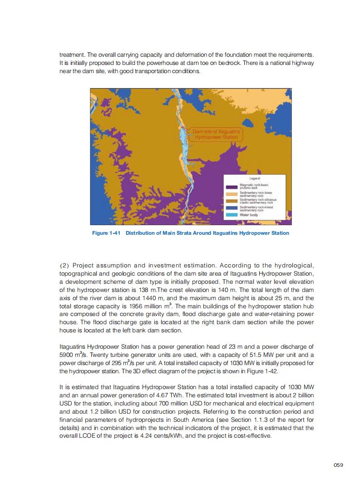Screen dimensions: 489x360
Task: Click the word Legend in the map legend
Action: point(255,178)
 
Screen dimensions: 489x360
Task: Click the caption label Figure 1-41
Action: point(107,233)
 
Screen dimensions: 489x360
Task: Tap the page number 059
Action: point(338,464)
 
